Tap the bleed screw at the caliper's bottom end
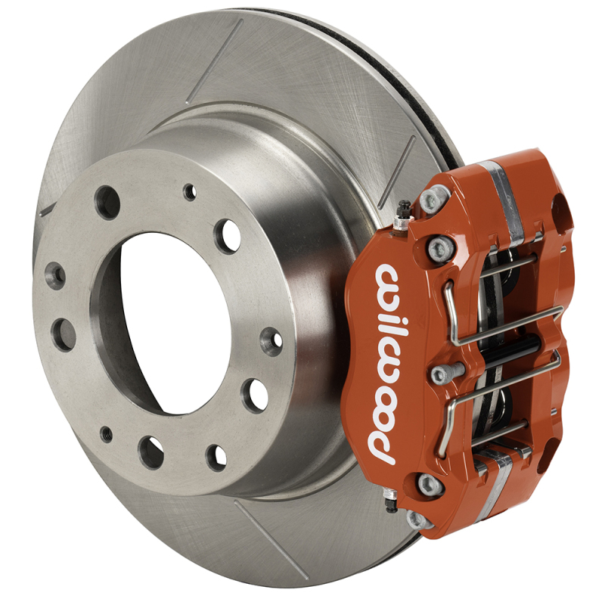click(x=390, y=501)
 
